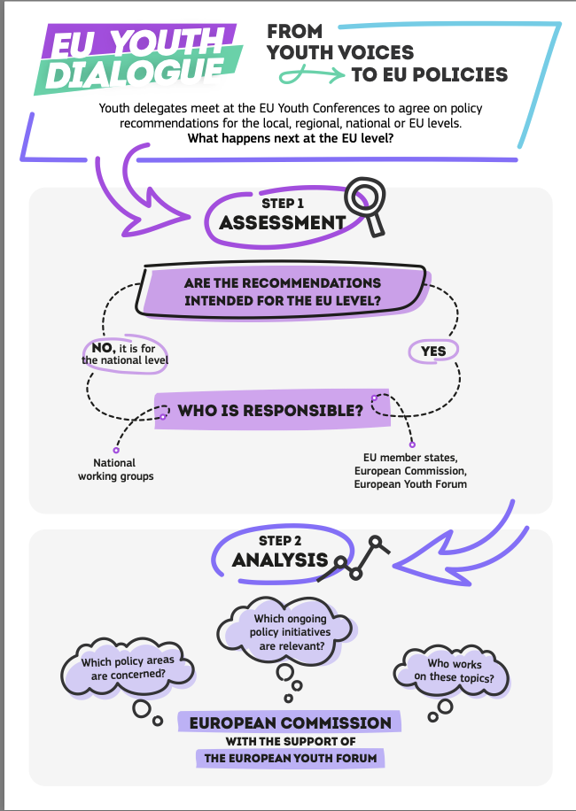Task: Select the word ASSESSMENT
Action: coord(282,222)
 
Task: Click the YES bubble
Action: coord(433,351)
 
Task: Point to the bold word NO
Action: coord(105,347)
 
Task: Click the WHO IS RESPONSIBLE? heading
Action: coord(270,411)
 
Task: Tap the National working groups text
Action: coord(115,469)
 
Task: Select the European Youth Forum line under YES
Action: coord(410,484)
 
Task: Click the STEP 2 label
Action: coord(281,540)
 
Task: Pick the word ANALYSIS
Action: coord(280,560)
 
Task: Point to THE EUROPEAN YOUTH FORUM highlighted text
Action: coord(290,758)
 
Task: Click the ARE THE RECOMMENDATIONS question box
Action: coord(282,291)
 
